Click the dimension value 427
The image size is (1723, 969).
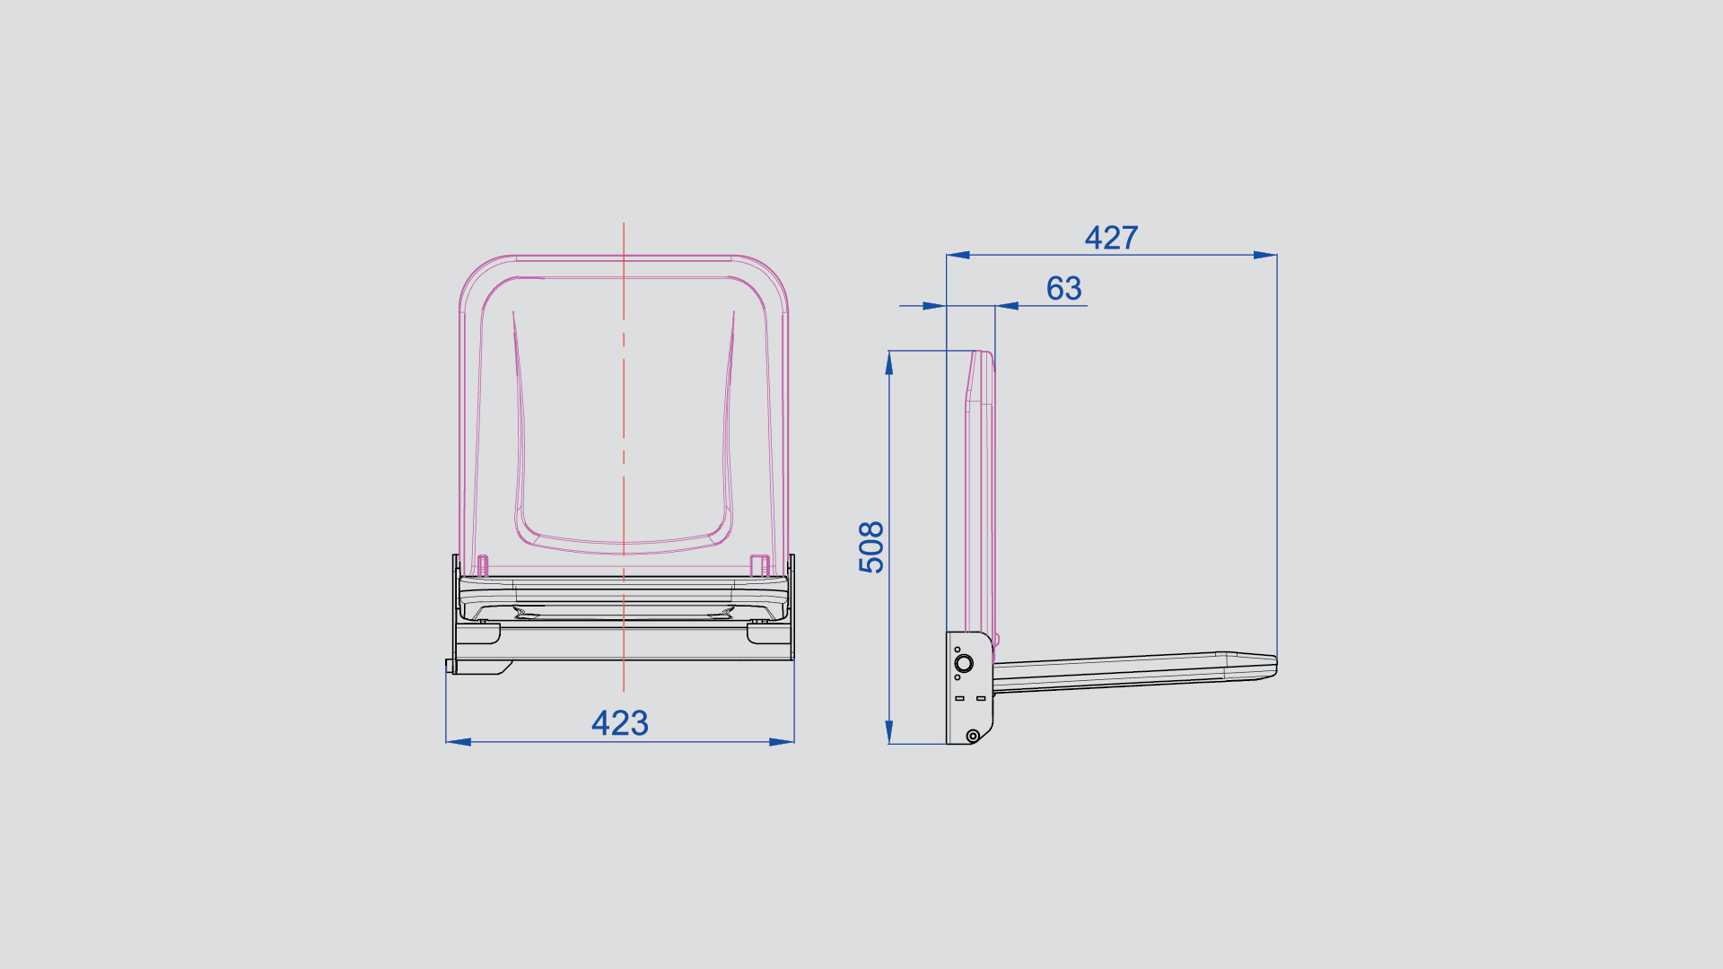[1111, 238]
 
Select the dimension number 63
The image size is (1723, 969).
[1064, 289]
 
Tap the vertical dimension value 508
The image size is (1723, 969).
[871, 546]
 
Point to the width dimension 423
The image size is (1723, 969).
[619, 723]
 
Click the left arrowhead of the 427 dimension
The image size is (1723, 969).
[958, 255]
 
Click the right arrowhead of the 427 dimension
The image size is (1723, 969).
[1265, 255]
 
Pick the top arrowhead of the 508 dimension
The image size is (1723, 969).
[889, 362]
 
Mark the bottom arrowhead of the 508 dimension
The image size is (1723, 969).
[889, 732]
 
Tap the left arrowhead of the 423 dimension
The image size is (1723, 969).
[459, 742]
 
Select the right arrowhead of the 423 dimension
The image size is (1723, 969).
[782, 742]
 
